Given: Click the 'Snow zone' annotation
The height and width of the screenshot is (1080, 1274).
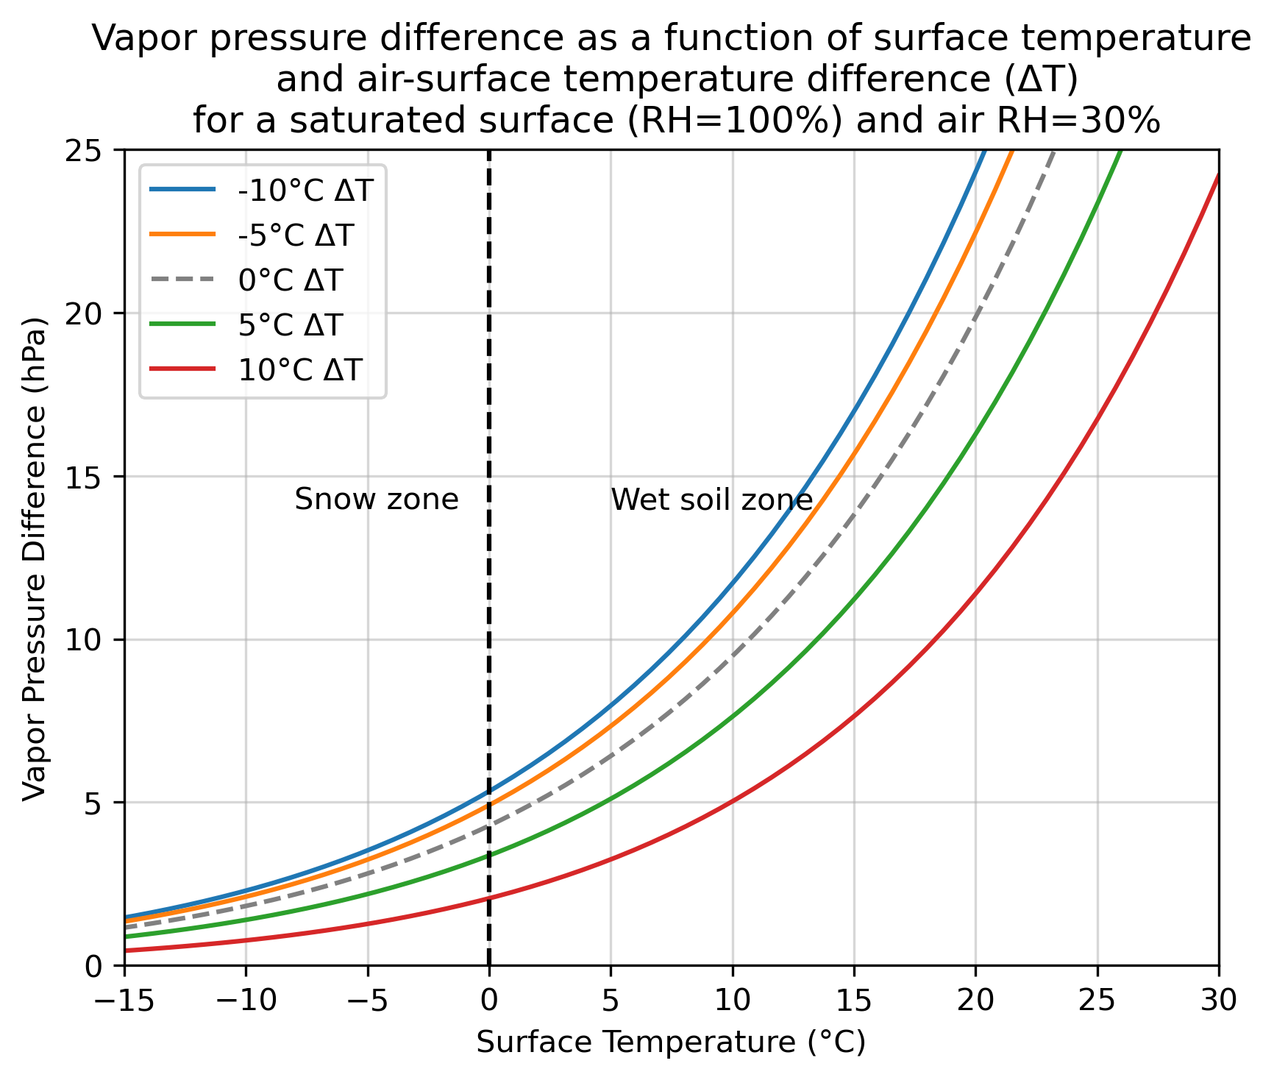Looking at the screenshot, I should [x=377, y=500].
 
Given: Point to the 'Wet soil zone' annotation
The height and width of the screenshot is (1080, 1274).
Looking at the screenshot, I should [x=712, y=500].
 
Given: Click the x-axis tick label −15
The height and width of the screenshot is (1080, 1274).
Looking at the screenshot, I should [x=124, y=1001].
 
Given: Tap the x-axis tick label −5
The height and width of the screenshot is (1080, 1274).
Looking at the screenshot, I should [x=368, y=1001].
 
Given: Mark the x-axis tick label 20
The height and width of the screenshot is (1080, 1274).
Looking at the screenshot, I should [x=975, y=1001].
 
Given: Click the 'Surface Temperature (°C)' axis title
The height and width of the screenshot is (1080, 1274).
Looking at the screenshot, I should [x=671, y=1042].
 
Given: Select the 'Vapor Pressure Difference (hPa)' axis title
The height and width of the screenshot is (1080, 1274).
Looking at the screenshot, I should [x=34, y=559].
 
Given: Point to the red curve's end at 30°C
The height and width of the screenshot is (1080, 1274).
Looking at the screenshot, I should [x=1218, y=175].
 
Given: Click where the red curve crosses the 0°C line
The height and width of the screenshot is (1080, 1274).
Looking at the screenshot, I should [x=489, y=898].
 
